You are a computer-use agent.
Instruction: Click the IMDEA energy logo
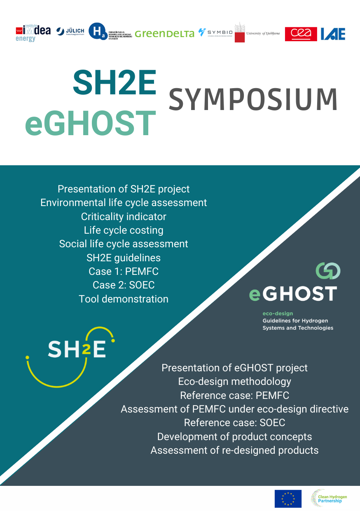pyautogui.click(x=33, y=33)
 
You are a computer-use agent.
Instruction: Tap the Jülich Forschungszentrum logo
pyautogui.click(x=70, y=31)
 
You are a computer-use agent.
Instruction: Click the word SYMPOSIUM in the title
pyautogui.click(x=253, y=100)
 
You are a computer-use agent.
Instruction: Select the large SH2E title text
pyautogui.click(x=115, y=82)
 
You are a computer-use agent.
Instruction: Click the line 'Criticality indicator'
pyautogui.click(x=124, y=216)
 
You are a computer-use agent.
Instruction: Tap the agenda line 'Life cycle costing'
pyautogui.click(x=124, y=230)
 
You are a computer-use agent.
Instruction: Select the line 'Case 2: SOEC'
pyautogui.click(x=124, y=285)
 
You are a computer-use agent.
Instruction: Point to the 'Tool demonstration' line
pyautogui.click(x=124, y=299)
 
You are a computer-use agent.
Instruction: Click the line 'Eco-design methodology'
pyautogui.click(x=234, y=381)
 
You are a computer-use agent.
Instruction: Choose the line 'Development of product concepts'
pyautogui.click(x=234, y=436)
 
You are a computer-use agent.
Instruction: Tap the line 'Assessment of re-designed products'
pyautogui.click(x=234, y=450)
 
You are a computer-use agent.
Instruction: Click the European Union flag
pyautogui.click(x=288, y=499)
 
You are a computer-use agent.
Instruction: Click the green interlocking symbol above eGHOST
pyautogui.click(x=328, y=271)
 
